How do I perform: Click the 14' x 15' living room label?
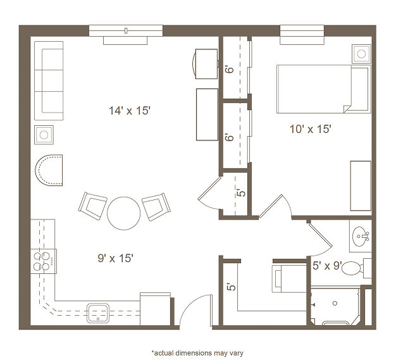pyautogui.click(x=130, y=111)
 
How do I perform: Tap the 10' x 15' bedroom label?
pyautogui.click(x=310, y=129)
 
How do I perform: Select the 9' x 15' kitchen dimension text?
pyautogui.click(x=115, y=258)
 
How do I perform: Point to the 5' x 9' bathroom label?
pyautogui.click(x=327, y=266)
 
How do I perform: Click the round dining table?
pyautogui.click(x=123, y=213)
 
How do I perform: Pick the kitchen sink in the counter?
pyautogui.click(x=98, y=313)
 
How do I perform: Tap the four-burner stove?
pyautogui.click(x=44, y=261)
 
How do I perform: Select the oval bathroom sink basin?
pyautogui.click(x=360, y=237)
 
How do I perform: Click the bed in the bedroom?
pyautogui.click(x=324, y=89)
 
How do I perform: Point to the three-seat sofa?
pyautogui.click(x=49, y=80)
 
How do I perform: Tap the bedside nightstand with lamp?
pyautogui.click(x=361, y=54)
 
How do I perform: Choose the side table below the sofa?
pyautogui.click(x=44, y=135)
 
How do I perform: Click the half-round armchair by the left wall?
pyautogui.click(x=49, y=170)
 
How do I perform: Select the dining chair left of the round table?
pyautogui.click(x=92, y=206)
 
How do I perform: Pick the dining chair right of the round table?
pyautogui.click(x=156, y=207)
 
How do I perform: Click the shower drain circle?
pyautogui.click(x=335, y=303)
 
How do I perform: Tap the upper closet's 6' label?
pyautogui.click(x=230, y=69)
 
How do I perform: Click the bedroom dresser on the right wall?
pyautogui.click(x=361, y=185)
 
